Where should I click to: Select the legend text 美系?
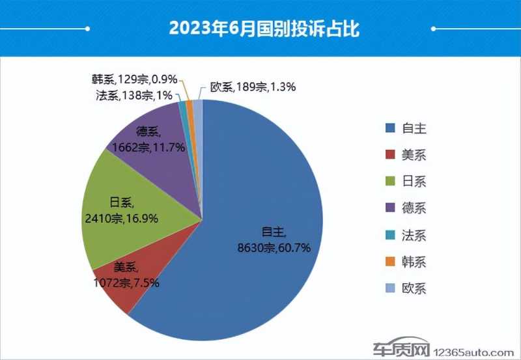[x=415, y=155]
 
